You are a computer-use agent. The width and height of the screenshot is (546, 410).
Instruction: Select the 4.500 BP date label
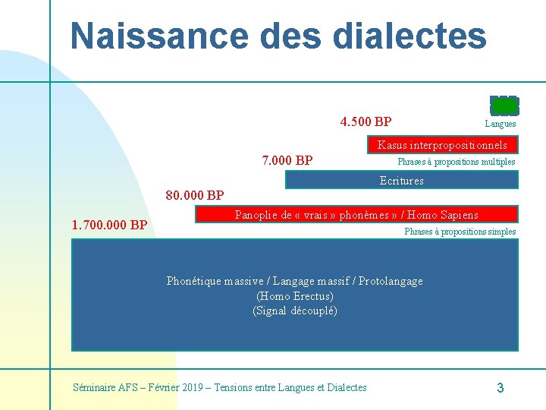tap(366, 121)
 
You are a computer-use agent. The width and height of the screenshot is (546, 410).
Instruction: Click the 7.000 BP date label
tap(287, 160)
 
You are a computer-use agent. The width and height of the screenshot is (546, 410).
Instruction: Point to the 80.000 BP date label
tap(195, 195)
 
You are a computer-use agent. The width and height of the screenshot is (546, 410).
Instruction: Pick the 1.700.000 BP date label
tap(109, 225)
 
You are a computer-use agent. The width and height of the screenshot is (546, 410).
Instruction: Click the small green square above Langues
tap(504, 105)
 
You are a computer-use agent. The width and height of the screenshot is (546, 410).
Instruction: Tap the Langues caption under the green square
tap(500, 124)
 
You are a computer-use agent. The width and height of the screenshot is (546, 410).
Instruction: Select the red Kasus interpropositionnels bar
tap(442, 144)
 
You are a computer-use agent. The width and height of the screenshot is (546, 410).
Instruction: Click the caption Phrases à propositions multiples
tap(457, 162)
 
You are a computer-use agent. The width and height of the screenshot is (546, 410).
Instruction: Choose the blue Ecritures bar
tap(401, 180)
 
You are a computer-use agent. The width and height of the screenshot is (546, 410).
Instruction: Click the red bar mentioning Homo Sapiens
tap(356, 215)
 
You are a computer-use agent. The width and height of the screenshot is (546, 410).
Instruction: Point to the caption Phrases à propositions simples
tap(460, 232)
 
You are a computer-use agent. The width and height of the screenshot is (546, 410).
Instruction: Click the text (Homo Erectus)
tap(295, 296)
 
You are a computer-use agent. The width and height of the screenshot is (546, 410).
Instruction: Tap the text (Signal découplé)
tap(295, 311)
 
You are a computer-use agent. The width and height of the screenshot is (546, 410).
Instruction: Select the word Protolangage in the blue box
tap(391, 281)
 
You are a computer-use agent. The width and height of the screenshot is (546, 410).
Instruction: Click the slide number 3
tap(500, 388)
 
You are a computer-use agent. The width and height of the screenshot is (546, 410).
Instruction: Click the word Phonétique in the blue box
tap(193, 281)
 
